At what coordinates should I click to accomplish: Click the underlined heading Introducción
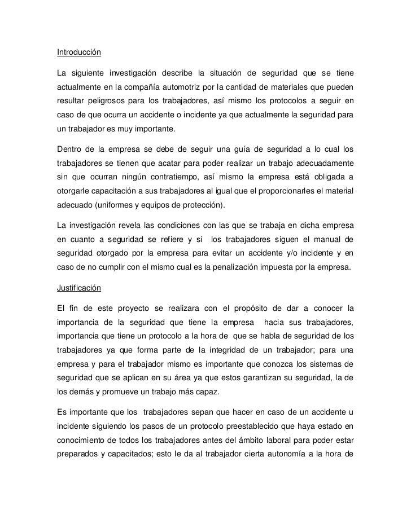coord(78,53)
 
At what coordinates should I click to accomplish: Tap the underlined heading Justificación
coord(78,288)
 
